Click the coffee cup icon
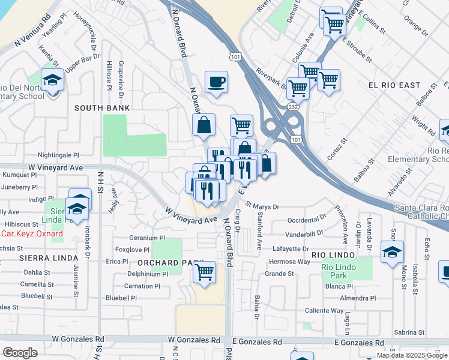(216, 82)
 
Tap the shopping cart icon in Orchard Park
(205, 271)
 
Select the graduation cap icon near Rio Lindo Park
(392, 252)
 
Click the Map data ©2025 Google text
(412, 355)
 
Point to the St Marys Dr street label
(262, 207)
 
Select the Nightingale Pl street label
(58, 155)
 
